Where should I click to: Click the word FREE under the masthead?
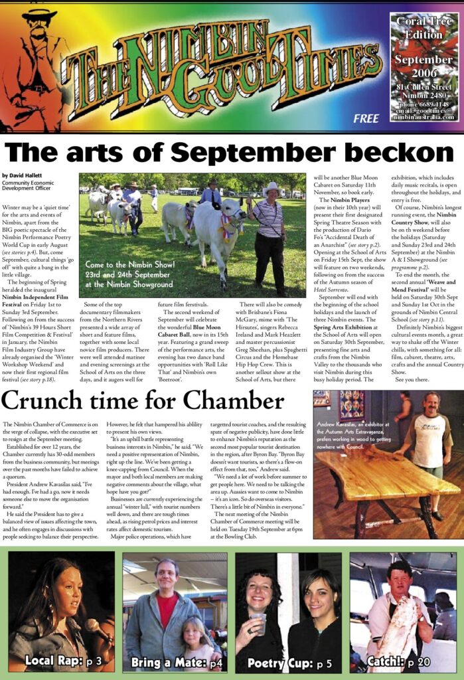click(366, 119)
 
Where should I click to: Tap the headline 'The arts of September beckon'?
click(232, 152)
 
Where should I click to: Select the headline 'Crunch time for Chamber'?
click(143, 400)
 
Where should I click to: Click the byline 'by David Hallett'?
click(25, 175)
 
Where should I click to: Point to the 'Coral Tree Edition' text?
click(423, 29)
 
